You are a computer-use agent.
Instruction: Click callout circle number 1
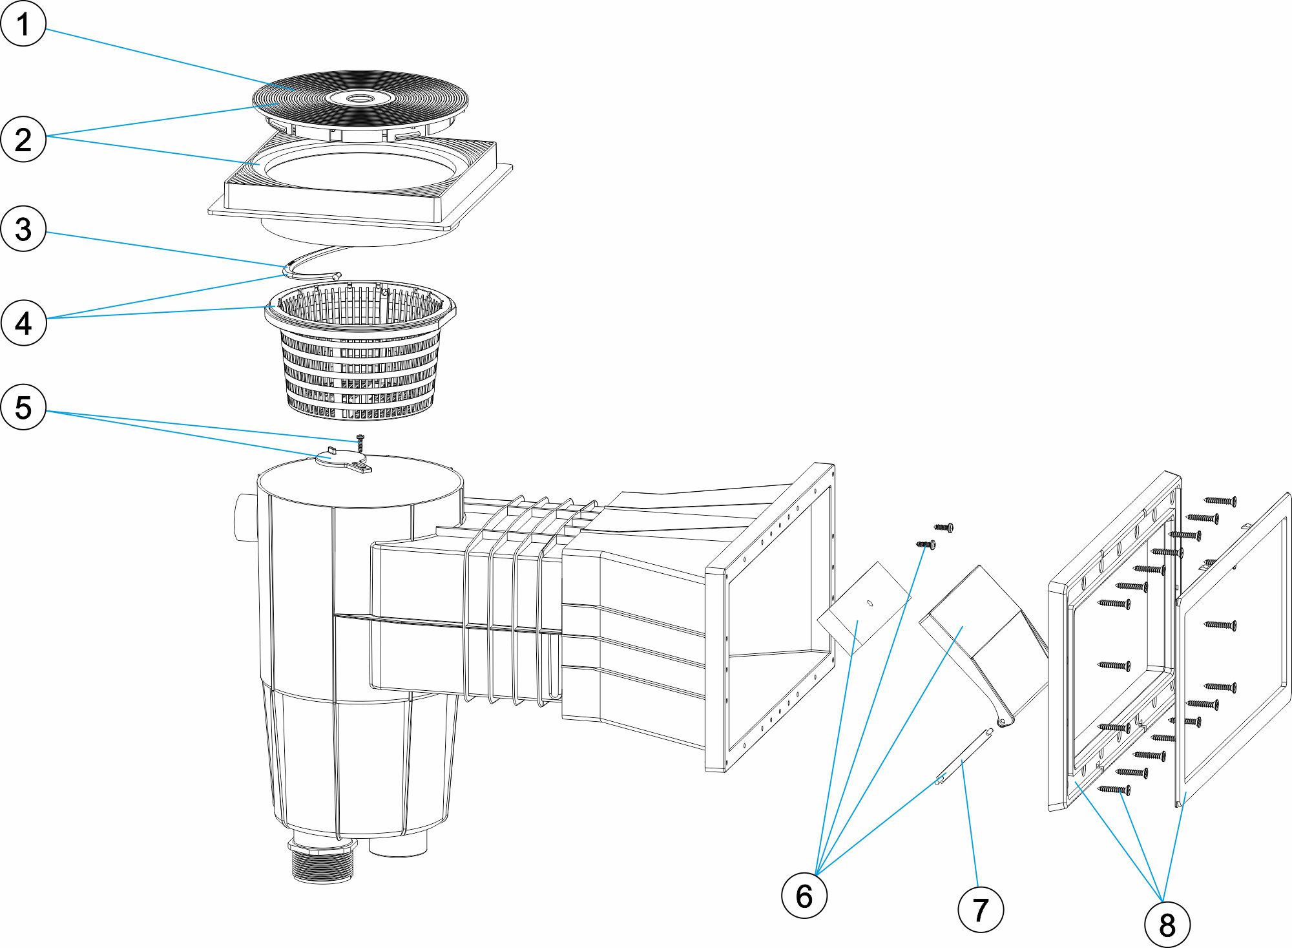coord(23,24)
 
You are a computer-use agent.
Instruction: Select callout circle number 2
coord(23,140)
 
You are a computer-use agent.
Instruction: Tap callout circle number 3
coord(23,229)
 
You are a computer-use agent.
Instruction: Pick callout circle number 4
coord(23,322)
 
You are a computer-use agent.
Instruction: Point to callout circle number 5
coord(23,407)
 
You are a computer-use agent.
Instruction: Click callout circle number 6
coord(804,896)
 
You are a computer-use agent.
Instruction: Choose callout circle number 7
coord(980,910)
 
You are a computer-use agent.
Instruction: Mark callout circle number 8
coord(1167,924)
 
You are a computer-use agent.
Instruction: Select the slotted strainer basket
coord(359,362)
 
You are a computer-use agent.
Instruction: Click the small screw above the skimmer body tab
coord(360,443)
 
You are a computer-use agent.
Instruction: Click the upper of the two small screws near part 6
coord(944,527)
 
